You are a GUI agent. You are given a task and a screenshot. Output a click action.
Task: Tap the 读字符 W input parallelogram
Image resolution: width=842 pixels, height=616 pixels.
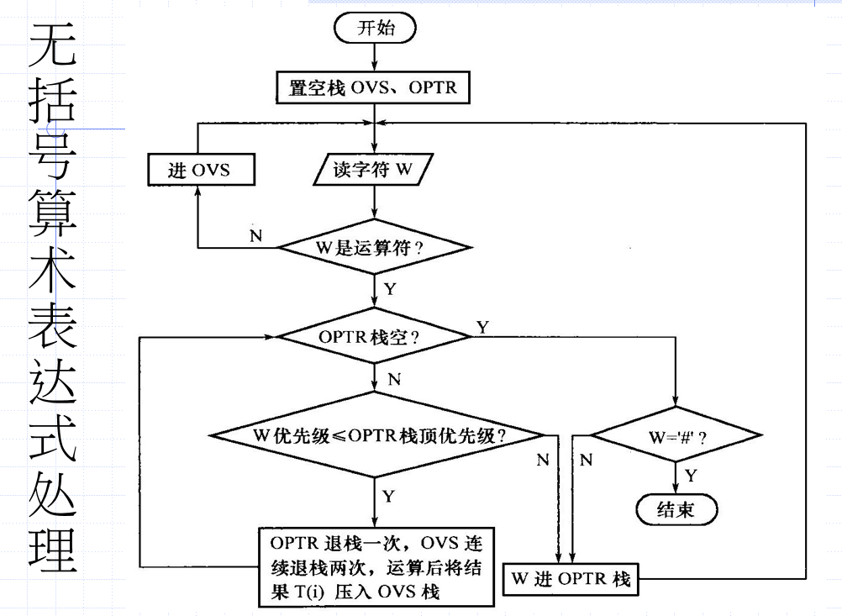373,171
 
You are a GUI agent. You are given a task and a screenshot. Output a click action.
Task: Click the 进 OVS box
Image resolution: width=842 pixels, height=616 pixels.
200,171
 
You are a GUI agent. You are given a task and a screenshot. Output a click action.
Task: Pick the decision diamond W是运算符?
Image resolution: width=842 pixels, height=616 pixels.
373,248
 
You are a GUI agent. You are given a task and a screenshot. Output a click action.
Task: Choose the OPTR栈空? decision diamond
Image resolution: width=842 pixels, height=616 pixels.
373,336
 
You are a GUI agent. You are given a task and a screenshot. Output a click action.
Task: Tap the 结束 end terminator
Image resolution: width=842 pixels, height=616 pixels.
676,509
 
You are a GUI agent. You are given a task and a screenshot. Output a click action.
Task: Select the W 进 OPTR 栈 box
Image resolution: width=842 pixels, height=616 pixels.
571,579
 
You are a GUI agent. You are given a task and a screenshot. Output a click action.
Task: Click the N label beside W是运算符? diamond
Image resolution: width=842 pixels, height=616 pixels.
255,237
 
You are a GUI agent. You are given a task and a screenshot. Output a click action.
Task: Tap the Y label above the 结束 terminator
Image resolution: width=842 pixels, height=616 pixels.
691,475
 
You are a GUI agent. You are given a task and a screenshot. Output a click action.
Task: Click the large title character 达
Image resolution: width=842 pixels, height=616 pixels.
55,382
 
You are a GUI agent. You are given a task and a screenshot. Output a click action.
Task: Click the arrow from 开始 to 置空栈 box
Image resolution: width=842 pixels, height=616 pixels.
374,58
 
